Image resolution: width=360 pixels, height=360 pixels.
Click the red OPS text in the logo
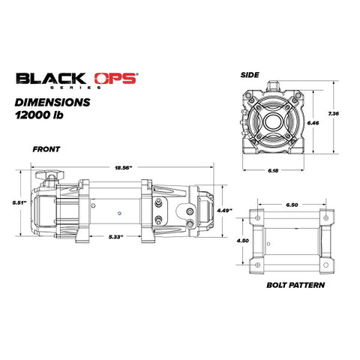coord(113,78)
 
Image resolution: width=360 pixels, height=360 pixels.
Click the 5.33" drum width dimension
coord(115,237)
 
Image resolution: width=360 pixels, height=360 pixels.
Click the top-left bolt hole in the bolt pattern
coord(256,218)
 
